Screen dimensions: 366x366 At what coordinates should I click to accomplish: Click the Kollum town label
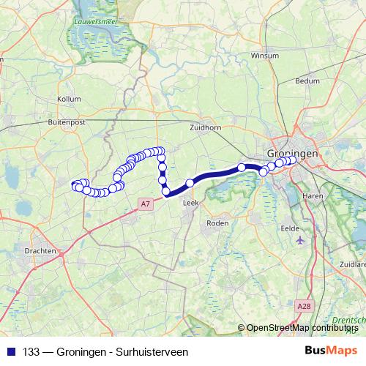click(x=68, y=99)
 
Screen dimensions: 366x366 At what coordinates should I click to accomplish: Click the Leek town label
click(x=190, y=203)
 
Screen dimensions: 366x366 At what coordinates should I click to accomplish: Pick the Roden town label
click(x=217, y=223)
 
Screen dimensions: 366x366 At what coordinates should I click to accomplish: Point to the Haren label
click(x=313, y=196)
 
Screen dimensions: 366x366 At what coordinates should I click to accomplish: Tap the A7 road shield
click(x=146, y=203)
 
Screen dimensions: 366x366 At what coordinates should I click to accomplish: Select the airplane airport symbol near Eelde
click(x=299, y=239)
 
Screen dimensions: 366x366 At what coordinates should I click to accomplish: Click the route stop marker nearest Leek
click(x=190, y=183)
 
